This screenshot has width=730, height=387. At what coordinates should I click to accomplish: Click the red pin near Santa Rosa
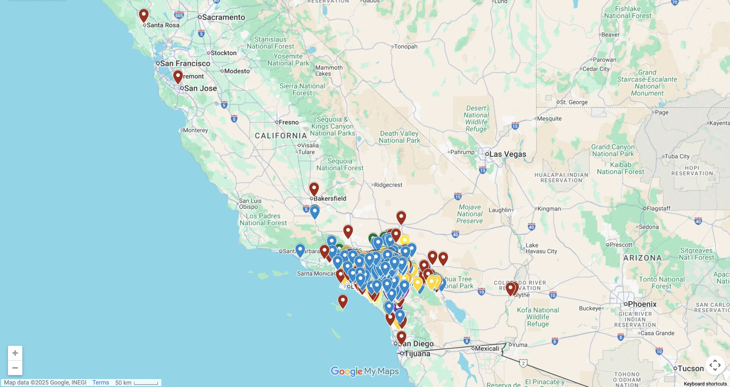coord(144,15)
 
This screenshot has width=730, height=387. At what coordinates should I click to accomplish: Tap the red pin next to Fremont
coord(178,76)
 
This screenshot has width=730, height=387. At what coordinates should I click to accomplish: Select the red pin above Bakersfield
coord(314,189)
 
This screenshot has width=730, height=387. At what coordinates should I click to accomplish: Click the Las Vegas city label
coord(508,154)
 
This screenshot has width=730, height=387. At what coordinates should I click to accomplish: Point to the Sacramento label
coord(223,17)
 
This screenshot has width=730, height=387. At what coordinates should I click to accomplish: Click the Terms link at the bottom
coord(100,382)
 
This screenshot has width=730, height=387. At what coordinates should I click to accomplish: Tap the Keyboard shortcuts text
coord(705,384)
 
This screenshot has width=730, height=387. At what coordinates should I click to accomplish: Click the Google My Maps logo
coord(365,371)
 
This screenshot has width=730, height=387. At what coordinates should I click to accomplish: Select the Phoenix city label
coord(642,304)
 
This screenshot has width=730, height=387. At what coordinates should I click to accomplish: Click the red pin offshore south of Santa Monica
coord(343,301)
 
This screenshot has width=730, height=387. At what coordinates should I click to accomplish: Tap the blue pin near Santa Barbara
coord(300,250)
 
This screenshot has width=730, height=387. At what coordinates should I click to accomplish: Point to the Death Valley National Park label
coord(399,137)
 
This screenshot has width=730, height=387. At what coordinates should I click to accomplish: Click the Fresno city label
coord(288,122)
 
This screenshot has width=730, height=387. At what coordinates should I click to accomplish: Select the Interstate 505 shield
coord(179,15)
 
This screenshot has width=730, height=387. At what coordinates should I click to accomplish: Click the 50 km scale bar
coord(146,383)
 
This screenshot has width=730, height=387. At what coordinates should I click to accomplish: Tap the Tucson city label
coord(690,368)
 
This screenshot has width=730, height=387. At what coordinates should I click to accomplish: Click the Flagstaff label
coord(658,208)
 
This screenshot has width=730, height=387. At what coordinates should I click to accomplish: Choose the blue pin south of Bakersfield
coord(315,212)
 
